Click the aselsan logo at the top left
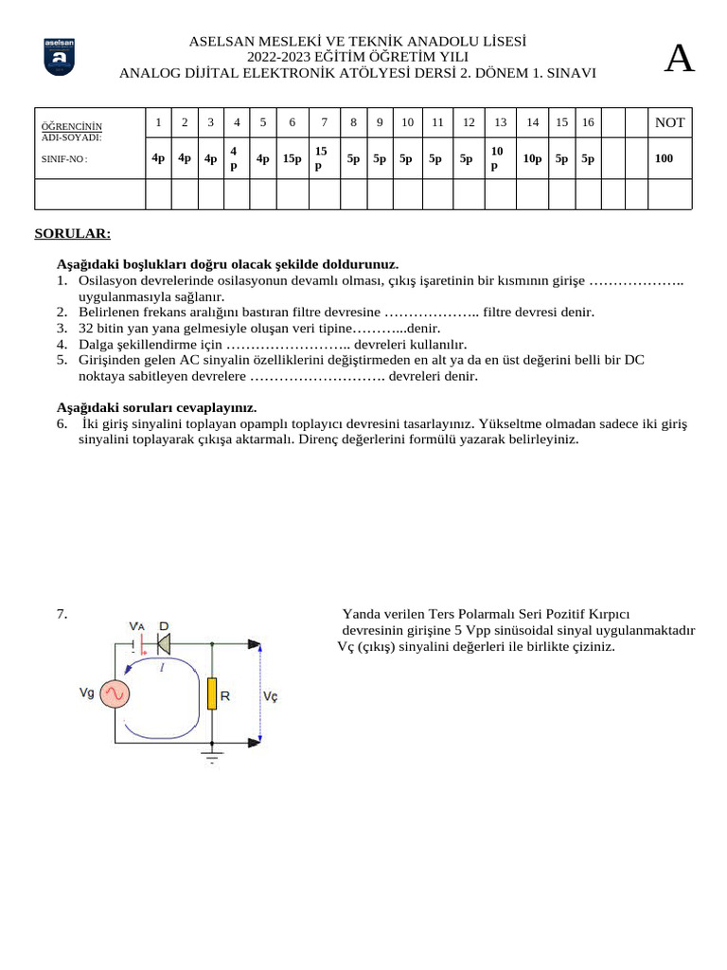(60, 58)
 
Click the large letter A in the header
(679, 59)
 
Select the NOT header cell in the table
(669, 122)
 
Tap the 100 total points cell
(664, 158)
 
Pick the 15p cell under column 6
(292, 158)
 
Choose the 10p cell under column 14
(532, 158)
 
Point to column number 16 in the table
(588, 122)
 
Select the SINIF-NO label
(63, 159)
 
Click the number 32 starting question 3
(86, 328)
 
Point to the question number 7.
(62, 614)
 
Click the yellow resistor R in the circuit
(213, 694)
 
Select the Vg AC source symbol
(116, 694)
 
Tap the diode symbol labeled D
(164, 644)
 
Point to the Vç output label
(270, 695)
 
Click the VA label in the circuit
(137, 626)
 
